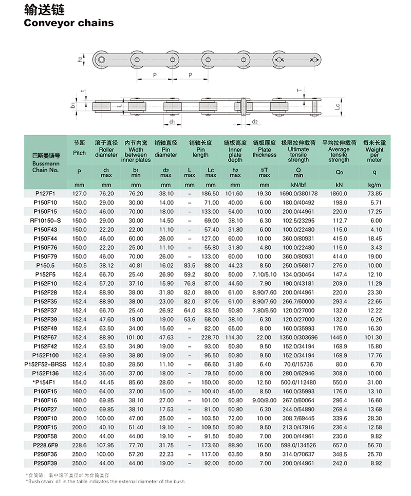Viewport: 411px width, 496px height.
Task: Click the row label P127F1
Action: click(x=45, y=194)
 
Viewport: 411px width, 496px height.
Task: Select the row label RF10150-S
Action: click(x=45, y=219)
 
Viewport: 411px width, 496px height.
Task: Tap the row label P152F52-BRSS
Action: click(x=45, y=364)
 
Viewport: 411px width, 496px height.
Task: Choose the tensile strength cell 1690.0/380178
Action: click(x=298, y=194)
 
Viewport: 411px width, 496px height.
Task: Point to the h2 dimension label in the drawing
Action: click(x=80, y=60)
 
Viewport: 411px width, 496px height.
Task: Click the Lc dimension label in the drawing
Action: click(x=337, y=107)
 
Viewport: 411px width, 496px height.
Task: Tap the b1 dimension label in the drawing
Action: click(x=73, y=105)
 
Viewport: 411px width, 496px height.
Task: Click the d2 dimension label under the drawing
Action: click(x=255, y=122)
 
